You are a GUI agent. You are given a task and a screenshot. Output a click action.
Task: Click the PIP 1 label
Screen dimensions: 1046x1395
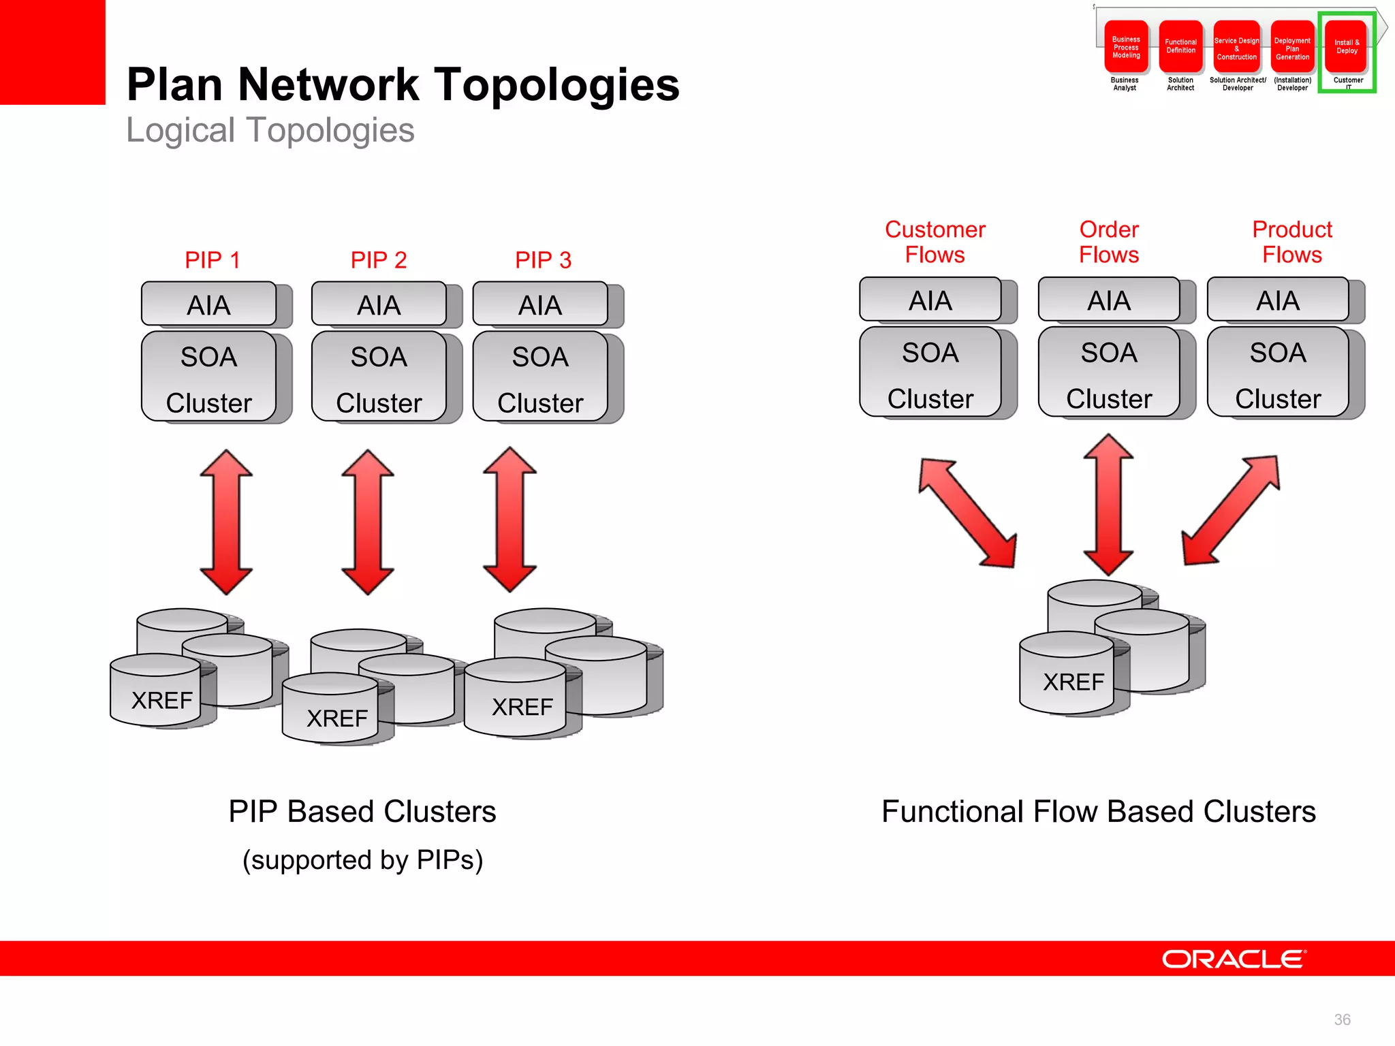click(212, 260)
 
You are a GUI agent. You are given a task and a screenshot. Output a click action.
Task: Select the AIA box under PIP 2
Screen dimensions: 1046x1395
click(379, 304)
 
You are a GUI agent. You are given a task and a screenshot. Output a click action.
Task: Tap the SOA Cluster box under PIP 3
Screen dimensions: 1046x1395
click(540, 377)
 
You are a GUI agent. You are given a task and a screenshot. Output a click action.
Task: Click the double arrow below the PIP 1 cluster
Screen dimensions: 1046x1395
click(226, 522)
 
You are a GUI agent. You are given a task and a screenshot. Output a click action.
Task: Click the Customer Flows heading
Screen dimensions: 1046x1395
click(935, 242)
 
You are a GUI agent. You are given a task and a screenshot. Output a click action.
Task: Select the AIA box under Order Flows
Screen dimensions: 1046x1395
click(1108, 300)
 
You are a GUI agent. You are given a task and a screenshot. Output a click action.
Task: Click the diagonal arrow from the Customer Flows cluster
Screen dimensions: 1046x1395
click(967, 513)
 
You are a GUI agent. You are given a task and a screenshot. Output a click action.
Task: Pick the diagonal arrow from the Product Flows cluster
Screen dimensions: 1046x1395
click(1231, 511)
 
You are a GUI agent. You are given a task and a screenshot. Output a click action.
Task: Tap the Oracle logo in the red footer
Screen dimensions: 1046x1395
click(1233, 959)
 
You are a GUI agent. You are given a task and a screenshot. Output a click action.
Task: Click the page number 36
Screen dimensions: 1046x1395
click(1342, 1019)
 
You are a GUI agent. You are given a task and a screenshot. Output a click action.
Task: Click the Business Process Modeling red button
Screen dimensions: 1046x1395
click(1126, 47)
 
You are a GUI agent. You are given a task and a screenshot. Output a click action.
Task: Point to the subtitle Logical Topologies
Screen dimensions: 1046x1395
click(270, 131)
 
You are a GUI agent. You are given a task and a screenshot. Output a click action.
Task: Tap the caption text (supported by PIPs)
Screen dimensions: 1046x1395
click(362, 860)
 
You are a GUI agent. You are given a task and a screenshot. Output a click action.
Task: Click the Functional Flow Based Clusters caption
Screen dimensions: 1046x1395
click(1098, 812)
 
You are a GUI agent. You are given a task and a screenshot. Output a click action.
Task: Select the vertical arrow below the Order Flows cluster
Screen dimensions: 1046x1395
click(1108, 505)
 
